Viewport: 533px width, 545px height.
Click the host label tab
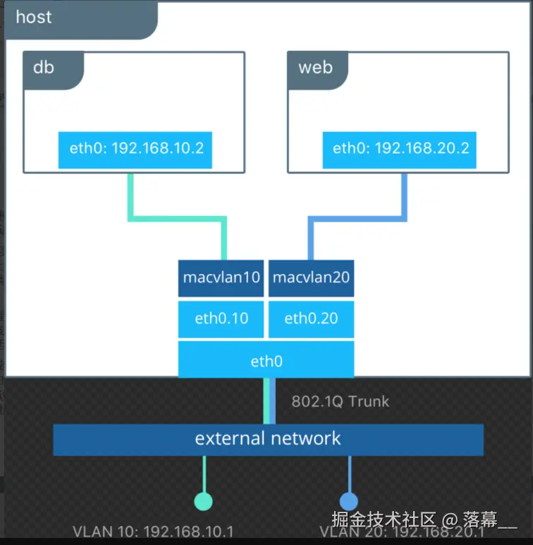coord(34,17)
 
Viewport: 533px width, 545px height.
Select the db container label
coord(44,68)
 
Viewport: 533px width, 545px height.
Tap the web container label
coord(315,68)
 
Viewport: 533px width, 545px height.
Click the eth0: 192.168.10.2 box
coord(135,148)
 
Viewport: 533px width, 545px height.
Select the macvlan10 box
coord(221,277)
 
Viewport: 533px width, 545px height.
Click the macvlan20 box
coord(311,277)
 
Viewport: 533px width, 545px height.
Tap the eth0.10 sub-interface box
coord(221,318)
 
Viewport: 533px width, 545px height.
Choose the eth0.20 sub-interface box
coord(311,318)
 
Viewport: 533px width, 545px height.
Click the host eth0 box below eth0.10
coord(266,361)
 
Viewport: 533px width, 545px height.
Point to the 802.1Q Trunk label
coord(340,401)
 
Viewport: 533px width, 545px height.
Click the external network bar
coord(268,438)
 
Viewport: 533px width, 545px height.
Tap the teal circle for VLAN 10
coord(203,501)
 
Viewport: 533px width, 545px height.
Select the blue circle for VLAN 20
coord(349,501)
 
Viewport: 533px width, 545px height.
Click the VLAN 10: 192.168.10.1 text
coord(153,532)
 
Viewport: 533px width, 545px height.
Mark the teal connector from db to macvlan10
coord(176,220)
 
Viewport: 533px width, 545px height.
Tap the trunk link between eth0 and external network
coord(269,400)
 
